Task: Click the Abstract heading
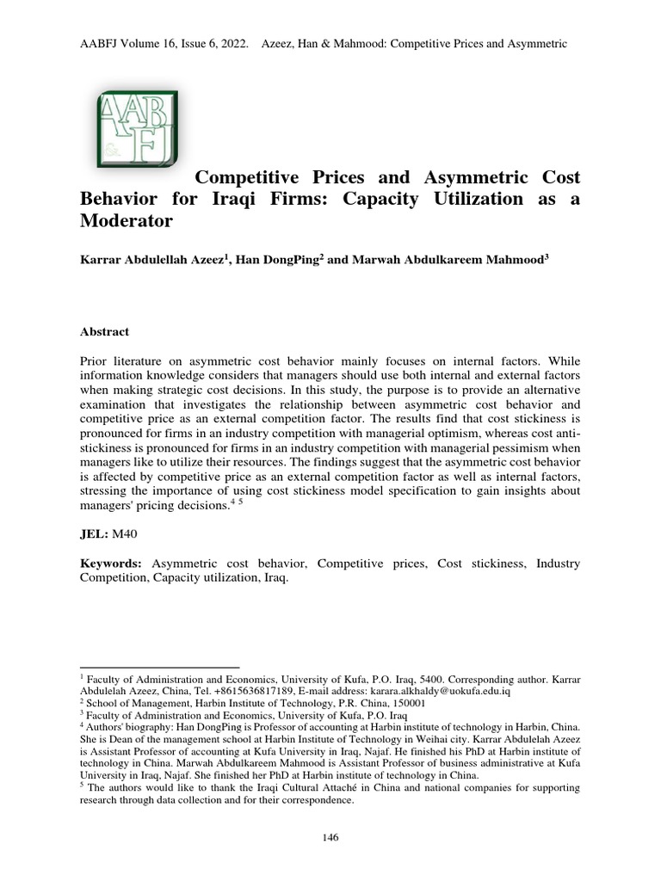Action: coord(104,331)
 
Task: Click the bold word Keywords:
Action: coord(111,564)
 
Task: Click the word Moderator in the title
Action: coord(127,221)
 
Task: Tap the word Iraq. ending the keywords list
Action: coord(275,578)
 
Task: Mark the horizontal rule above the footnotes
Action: coord(159,666)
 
